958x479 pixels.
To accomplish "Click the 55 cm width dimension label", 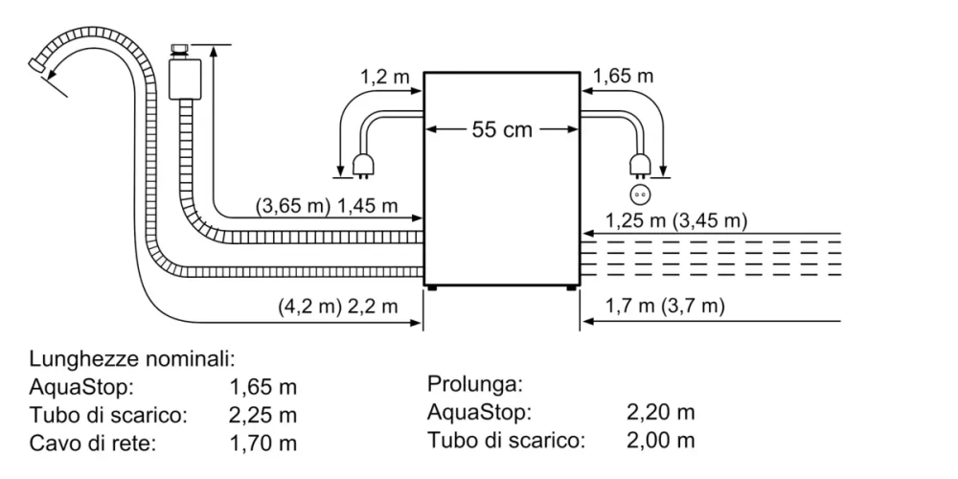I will click(x=501, y=129).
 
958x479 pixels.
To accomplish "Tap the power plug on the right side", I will click(x=639, y=166).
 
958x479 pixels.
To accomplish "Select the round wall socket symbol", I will click(x=640, y=194).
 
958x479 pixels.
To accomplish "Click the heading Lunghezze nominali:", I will click(x=132, y=359).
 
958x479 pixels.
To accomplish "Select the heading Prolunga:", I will click(x=474, y=385).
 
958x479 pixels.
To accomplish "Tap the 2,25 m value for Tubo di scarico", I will click(x=263, y=416).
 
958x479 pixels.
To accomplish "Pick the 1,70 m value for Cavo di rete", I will click(x=263, y=444).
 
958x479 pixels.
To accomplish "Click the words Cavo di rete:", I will click(x=91, y=444).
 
